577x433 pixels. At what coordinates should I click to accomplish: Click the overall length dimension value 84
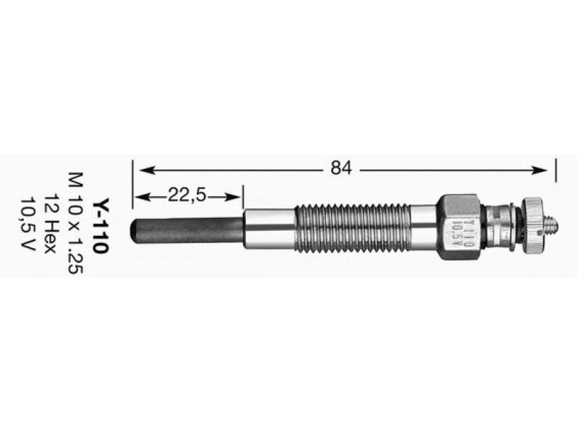pos(341,168)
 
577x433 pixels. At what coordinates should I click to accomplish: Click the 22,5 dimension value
pos(186,196)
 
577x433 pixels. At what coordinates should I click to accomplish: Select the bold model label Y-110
pos(100,226)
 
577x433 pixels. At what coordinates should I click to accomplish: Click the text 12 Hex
pos(50,223)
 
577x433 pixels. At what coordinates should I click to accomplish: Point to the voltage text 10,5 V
pos(28,224)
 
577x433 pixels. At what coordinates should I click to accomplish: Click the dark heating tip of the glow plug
pos(188,230)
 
